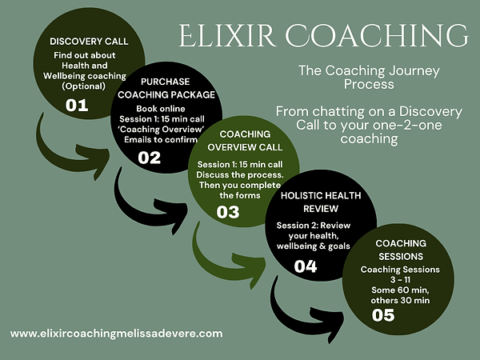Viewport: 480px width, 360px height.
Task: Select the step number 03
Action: pyautogui.click(x=228, y=212)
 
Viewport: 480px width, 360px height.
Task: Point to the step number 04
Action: pyautogui.click(x=306, y=266)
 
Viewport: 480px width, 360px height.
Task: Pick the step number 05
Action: pyautogui.click(x=383, y=314)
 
